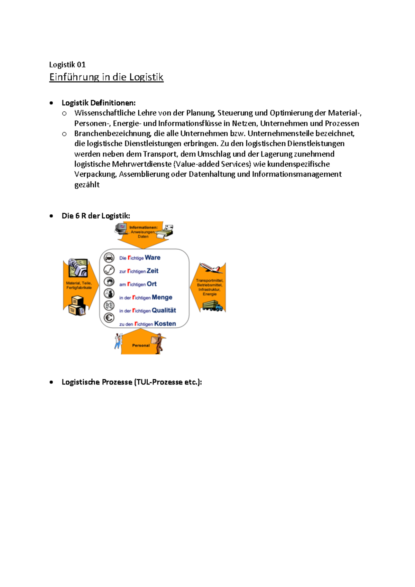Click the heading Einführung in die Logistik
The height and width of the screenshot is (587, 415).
click(106, 77)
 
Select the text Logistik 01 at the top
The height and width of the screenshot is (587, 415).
click(67, 65)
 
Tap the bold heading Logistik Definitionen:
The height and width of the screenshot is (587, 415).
click(99, 103)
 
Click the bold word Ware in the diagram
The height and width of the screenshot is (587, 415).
click(153, 258)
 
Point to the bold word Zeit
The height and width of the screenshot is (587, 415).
click(153, 271)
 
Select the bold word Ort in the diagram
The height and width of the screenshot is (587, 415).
click(151, 284)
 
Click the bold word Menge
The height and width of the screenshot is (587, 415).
click(162, 297)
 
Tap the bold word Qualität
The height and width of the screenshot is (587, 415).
click(164, 310)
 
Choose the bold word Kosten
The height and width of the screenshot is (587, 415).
click(165, 324)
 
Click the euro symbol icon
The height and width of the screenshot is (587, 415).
click(109, 318)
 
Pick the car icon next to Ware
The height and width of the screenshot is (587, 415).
click(109, 258)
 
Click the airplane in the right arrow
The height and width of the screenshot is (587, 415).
click(210, 268)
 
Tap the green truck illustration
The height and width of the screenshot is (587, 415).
click(212, 306)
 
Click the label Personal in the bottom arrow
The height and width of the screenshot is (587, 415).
click(141, 345)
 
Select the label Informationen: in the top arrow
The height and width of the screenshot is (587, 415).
click(143, 227)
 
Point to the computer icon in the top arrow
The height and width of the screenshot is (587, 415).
click(121, 228)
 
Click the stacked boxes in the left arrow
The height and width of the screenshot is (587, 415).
click(77, 306)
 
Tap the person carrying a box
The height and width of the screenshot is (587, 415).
click(159, 343)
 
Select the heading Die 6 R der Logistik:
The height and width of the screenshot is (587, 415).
click(96, 216)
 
